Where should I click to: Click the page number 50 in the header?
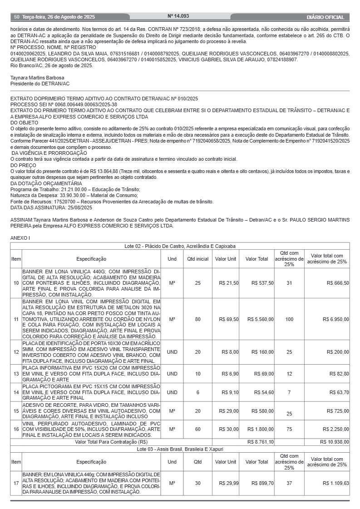[16, 17]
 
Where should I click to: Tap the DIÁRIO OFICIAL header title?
[325, 17]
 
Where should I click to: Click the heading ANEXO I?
[20, 238]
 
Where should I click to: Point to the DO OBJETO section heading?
[25, 123]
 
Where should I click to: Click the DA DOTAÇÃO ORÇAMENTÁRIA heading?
[46, 183]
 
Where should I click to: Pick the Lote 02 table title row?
[180, 246]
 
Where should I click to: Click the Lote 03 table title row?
[180, 449]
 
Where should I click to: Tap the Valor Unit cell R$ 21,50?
[228, 283]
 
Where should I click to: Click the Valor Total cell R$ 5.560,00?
[260, 319]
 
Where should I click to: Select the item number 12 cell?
[16, 352]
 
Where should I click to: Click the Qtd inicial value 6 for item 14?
[197, 392]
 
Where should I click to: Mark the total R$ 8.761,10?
[260, 442]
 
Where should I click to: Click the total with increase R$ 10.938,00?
[335, 442]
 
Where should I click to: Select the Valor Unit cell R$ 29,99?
[228, 483]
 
